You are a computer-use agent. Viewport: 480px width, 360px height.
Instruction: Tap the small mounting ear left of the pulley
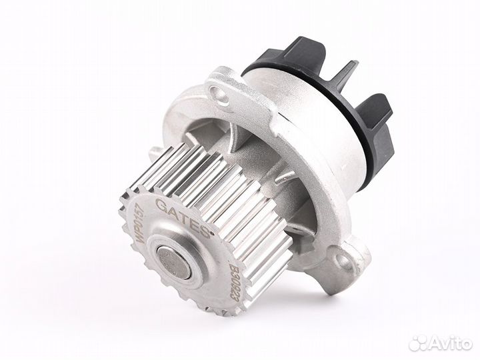(x=151, y=155)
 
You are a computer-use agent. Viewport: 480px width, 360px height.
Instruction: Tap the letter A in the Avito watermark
(x=434, y=343)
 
